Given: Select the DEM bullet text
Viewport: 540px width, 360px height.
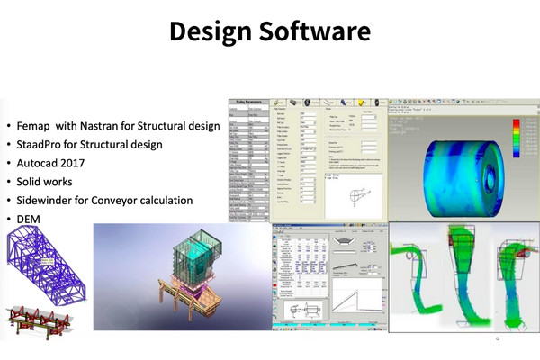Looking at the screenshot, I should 27,219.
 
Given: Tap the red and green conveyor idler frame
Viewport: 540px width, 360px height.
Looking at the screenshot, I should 34,319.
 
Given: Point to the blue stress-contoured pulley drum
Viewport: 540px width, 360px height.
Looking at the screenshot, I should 449,167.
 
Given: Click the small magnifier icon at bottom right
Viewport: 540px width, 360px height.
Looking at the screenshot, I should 499,343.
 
